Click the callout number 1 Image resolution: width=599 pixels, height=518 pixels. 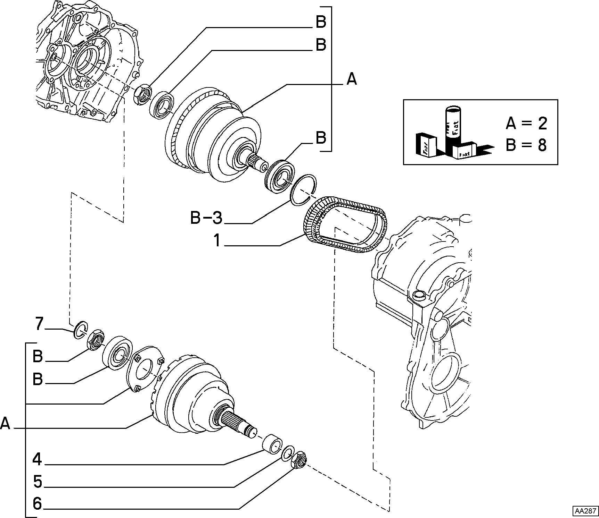coord(217,240)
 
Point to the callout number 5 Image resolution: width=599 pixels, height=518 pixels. coord(38,482)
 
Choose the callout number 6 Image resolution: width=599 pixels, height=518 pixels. coord(38,504)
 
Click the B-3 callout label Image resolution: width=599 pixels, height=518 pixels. coord(206,218)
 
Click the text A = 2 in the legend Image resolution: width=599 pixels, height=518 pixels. coord(526,123)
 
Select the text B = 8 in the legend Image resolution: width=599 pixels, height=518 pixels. coord(526,145)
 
